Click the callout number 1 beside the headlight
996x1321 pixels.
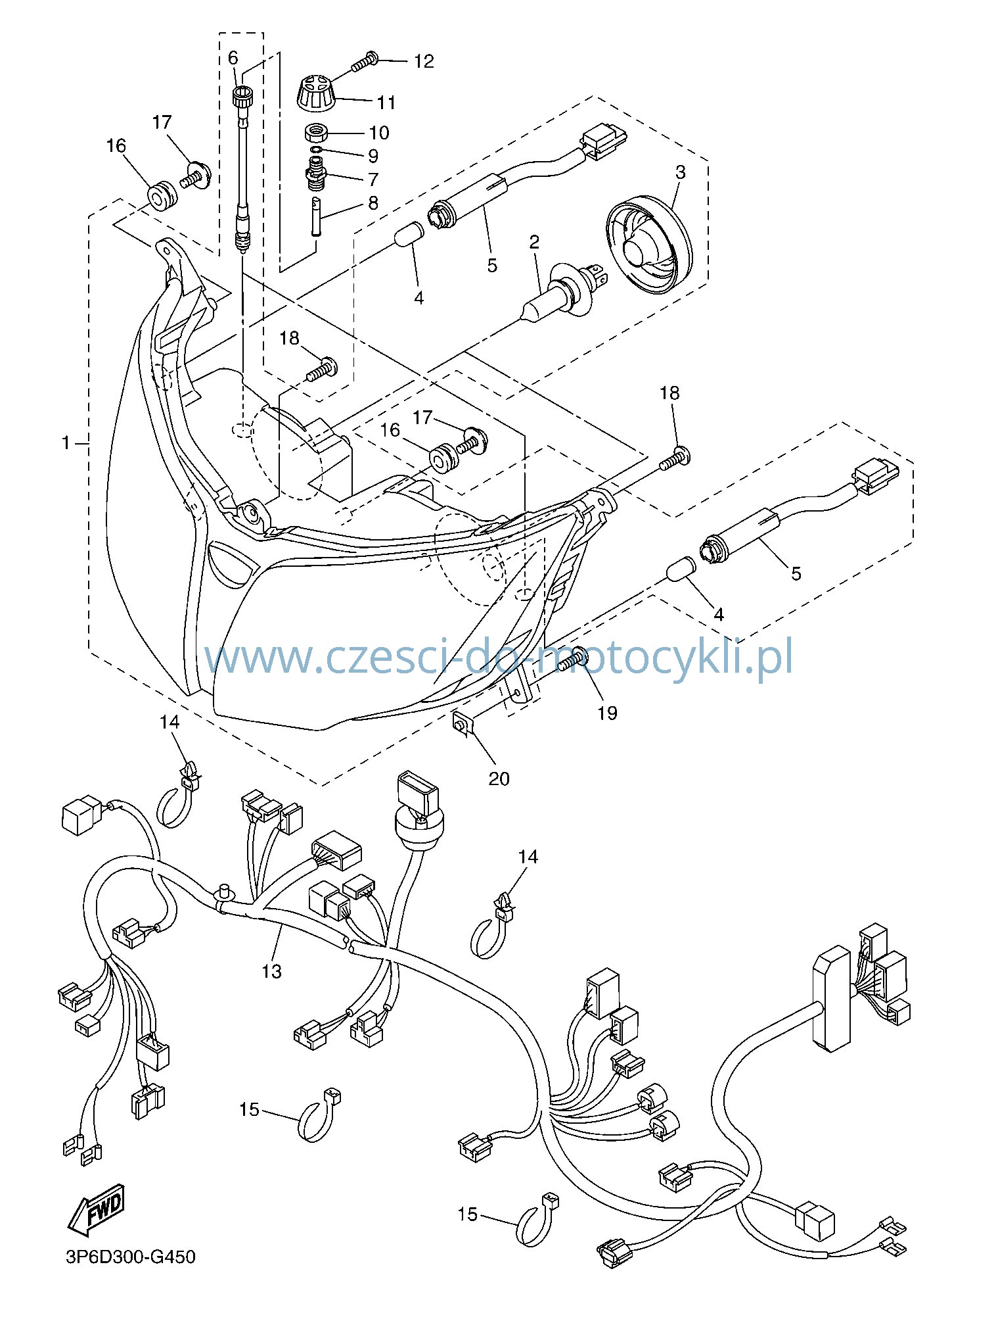click(65, 443)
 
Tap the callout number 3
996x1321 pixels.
click(680, 172)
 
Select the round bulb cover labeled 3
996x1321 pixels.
click(648, 244)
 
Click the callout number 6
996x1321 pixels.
click(233, 58)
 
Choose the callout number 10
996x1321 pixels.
click(378, 132)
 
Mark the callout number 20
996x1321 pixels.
click(499, 779)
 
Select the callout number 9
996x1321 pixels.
click(373, 156)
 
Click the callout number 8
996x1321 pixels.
click(373, 203)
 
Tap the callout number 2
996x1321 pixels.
click(534, 242)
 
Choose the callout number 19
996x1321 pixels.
click(608, 712)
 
